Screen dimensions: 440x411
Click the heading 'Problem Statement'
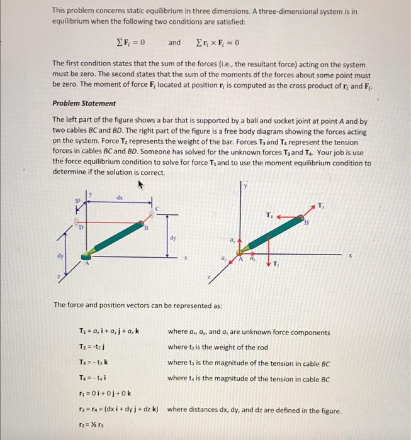coord(84,103)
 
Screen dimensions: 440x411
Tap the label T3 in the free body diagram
coord(322,206)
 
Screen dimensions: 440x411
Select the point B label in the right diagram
coord(308,223)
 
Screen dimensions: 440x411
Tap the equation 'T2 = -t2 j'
coord(89,347)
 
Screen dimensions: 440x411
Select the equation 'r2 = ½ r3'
coord(88,424)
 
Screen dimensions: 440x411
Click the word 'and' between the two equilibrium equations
coord(174,43)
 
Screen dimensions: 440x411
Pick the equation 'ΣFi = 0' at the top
coord(132,43)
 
